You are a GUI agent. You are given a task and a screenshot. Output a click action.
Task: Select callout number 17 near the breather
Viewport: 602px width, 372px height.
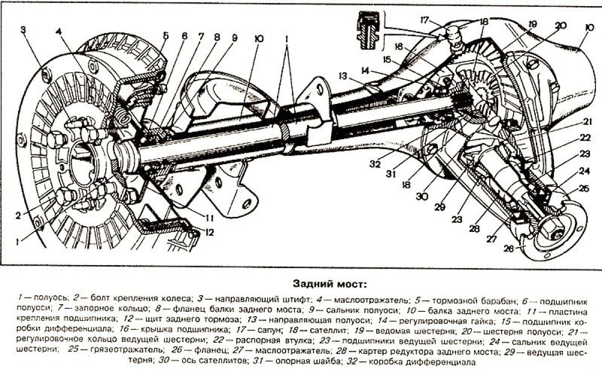[424, 21]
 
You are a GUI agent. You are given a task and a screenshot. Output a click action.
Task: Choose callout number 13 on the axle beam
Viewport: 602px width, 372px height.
[343, 76]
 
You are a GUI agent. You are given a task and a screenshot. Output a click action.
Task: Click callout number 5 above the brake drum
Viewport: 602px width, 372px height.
[166, 36]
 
